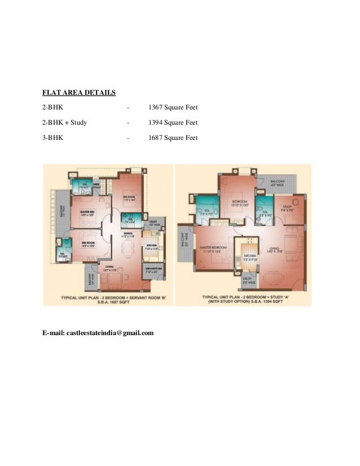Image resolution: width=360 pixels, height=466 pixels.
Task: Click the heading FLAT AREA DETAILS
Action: click(80, 93)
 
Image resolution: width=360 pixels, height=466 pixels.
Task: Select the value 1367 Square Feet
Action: click(173, 107)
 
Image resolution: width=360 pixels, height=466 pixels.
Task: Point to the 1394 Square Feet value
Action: click(173, 122)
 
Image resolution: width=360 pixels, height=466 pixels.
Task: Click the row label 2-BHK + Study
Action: click(64, 122)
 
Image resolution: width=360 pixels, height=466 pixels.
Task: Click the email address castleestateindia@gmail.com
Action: click(98, 333)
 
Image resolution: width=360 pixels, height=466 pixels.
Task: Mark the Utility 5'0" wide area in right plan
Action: click(246, 280)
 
